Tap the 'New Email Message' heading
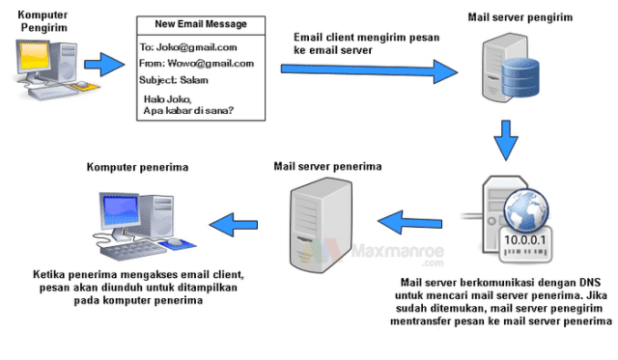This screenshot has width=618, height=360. [x=199, y=23]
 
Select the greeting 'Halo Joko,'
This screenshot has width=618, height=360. [x=169, y=98]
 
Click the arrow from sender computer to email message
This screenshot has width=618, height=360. [x=104, y=66]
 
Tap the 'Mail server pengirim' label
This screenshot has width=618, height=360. [x=519, y=17]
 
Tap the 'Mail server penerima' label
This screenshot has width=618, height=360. [x=327, y=167]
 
